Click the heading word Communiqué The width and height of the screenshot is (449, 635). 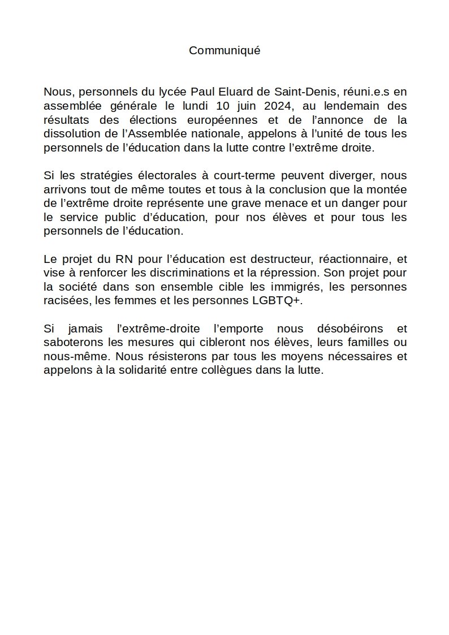[225, 50]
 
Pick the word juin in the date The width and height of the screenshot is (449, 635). [244, 106]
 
